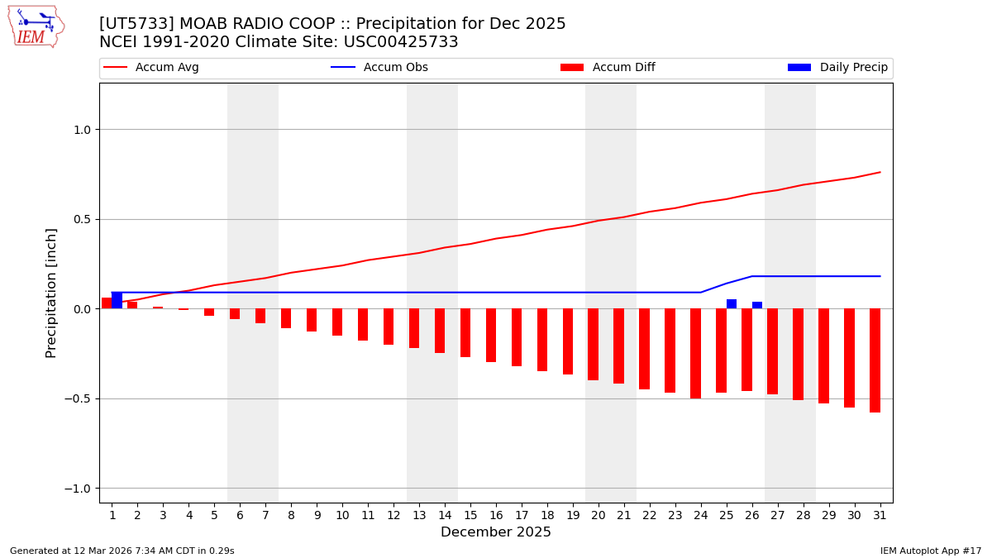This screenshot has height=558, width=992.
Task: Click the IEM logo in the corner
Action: (36, 26)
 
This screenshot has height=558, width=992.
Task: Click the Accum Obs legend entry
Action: (379, 68)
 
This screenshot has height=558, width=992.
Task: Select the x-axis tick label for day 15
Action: (470, 515)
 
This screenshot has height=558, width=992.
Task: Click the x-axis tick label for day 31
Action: (880, 515)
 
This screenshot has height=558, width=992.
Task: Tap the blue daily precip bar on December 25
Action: (732, 304)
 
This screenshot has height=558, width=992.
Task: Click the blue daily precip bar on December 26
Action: (757, 305)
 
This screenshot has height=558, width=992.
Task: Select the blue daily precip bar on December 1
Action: (117, 300)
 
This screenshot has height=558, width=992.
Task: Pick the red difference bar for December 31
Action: (875, 360)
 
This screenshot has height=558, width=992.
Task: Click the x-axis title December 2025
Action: (496, 532)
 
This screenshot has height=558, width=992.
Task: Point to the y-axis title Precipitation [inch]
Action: (51, 293)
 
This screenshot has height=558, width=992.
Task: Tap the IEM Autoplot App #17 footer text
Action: (930, 551)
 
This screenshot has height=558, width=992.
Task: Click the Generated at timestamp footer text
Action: (122, 551)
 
